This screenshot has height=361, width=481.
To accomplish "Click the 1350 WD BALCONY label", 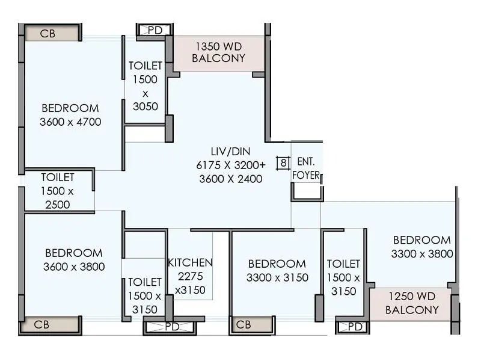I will coord(218,52).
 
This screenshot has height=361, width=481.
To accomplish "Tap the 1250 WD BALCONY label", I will coord(412,303).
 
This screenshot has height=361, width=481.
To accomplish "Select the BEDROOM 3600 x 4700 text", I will coord(70,115).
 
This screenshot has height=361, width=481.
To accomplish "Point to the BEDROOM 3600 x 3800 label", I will coord(74,259).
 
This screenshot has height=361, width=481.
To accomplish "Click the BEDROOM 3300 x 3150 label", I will coord(277,270).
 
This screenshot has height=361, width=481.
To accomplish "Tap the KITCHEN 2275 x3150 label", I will coord(190,276).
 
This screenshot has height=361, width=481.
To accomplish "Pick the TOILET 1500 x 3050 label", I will coord(146,86).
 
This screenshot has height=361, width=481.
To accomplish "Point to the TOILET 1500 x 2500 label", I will coord(58,191).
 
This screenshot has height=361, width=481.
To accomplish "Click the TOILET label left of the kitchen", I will coord(144,295).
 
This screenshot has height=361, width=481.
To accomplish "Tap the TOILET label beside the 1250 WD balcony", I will coord(343,277).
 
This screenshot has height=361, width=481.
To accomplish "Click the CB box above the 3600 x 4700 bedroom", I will coord(47,34).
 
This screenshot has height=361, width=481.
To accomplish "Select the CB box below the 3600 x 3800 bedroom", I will coord(41,325).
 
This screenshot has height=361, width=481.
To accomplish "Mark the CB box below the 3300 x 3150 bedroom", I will coord(243,325).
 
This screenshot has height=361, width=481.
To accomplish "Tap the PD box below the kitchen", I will coord(172,327).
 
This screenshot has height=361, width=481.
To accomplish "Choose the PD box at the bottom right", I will coord(355,327).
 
